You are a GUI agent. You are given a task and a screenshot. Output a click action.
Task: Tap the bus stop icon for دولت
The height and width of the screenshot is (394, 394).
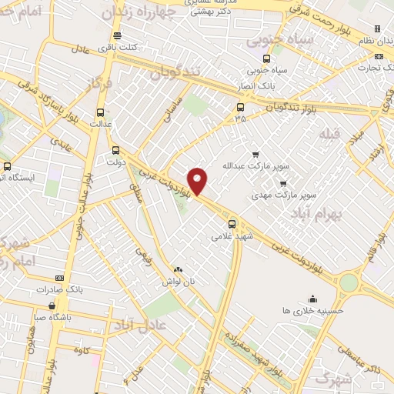pos(115,150)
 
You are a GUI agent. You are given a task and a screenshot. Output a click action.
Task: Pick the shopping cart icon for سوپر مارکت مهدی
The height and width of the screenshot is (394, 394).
pos(283,183)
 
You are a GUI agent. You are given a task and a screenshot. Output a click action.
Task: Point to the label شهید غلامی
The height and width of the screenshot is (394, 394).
pos(232,237)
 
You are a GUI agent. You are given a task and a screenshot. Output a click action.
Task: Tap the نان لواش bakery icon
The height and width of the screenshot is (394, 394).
pos(179,269)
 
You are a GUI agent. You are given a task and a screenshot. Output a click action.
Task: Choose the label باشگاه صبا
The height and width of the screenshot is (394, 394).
pos(49,316)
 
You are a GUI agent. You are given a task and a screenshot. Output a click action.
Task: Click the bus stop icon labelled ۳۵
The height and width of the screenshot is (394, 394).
pos(241,107)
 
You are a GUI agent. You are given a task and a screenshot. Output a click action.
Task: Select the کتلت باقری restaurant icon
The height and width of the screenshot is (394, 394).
pos(116,35)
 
